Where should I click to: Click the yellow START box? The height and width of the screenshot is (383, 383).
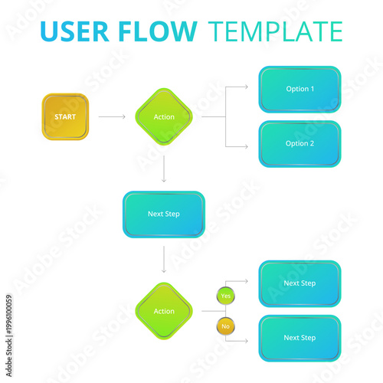tap(65, 116)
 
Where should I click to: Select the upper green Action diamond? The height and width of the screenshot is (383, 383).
tap(164, 116)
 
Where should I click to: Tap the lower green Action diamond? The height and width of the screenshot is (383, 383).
tap(164, 311)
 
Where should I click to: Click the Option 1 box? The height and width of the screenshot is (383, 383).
tap(300, 89)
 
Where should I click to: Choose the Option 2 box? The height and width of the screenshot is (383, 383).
tap(300, 143)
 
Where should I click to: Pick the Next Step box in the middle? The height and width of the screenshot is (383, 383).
tap(163, 214)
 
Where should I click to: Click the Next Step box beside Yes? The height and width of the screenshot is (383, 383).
tap(300, 283)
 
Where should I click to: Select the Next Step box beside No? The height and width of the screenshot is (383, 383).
tap(300, 338)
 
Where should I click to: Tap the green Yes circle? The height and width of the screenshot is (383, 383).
tap(225, 296)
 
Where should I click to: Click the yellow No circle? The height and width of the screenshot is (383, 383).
tap(225, 326)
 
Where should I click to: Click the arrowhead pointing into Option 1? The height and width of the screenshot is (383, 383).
tap(246, 87)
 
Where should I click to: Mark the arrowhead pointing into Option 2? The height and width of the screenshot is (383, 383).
tap(246, 146)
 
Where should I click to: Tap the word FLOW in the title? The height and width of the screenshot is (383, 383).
tap(159, 32)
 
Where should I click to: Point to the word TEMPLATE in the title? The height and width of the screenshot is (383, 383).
tap(275, 32)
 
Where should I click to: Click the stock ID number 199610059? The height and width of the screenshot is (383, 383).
tap(9, 322)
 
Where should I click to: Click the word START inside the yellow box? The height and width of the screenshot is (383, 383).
tap(65, 116)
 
